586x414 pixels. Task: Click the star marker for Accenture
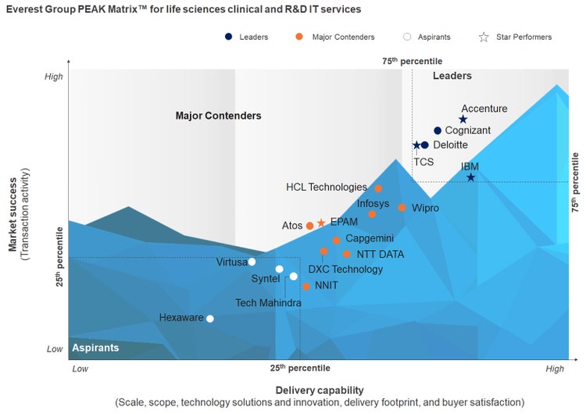tap(463, 120)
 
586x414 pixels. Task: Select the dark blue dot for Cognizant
tap(438, 130)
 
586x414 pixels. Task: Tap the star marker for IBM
tap(470, 177)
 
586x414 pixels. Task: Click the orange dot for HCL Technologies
tap(378, 188)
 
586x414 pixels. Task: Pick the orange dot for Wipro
tap(402, 208)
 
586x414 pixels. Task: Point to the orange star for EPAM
tap(321, 223)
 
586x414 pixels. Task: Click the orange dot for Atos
tap(309, 226)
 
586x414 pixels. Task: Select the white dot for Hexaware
tap(209, 318)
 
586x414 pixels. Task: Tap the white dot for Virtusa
tap(252, 262)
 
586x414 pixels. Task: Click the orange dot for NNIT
tap(306, 287)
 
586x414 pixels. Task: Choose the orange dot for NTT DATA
tap(346, 254)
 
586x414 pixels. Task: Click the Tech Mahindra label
tap(268, 303)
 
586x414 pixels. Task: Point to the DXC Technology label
tap(345, 269)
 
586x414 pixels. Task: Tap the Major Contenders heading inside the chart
tap(218, 116)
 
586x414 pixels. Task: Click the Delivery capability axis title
tap(319, 390)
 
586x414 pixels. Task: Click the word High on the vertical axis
tap(54, 77)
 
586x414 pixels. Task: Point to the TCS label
tap(423, 162)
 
